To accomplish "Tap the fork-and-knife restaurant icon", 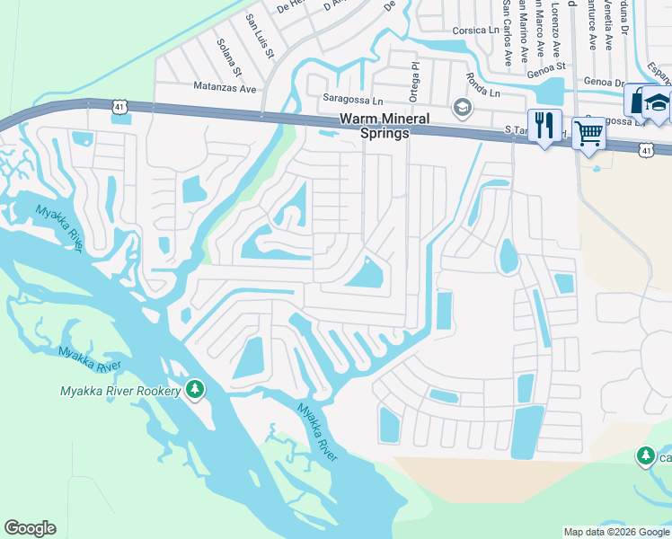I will [x=544, y=125].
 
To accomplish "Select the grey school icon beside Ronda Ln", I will [x=463, y=109].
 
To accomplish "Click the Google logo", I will [x=30, y=528].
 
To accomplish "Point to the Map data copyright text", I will [x=616, y=532].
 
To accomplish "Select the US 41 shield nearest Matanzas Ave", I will [x=119, y=107].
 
